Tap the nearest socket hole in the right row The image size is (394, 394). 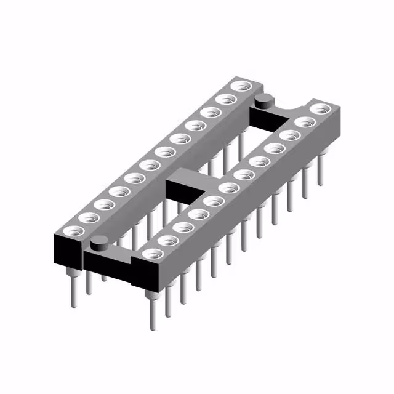pos(151,252)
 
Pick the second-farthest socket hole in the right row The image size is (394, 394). pos(304,122)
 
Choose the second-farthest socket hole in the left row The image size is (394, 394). pos(226,99)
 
